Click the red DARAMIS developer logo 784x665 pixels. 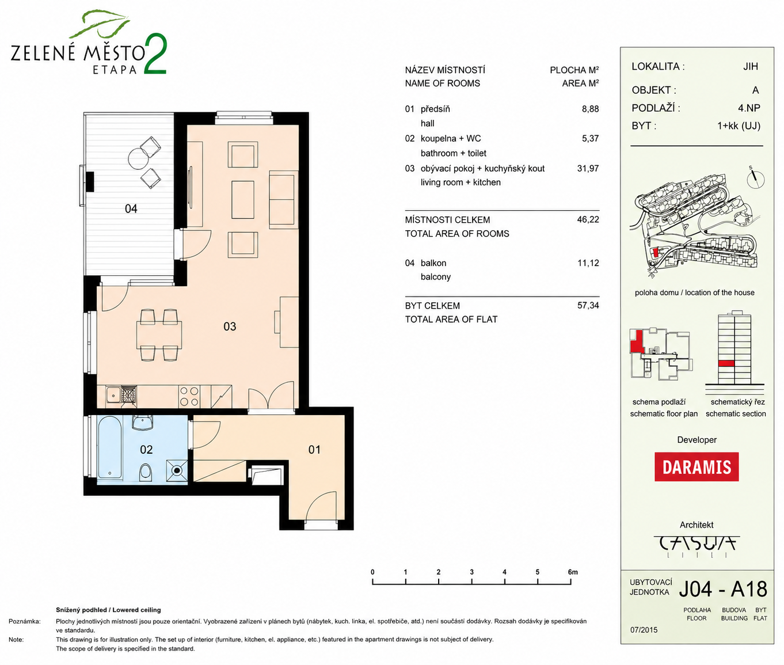[697, 466]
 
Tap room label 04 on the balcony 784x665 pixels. [131, 208]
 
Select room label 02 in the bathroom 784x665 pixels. [146, 450]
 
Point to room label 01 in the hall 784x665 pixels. [314, 450]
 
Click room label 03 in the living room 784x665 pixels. [230, 326]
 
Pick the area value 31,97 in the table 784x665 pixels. [588, 169]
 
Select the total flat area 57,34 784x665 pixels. [588, 305]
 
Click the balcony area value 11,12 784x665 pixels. [588, 263]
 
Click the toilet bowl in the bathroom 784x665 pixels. [146, 472]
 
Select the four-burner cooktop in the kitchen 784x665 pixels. [189, 397]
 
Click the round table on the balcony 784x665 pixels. [138, 158]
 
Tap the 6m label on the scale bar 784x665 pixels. [573, 572]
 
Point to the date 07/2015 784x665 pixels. [644, 630]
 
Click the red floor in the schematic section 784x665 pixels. [726, 363]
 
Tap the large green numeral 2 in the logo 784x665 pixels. [155, 54]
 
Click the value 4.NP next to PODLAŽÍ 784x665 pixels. [749, 108]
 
